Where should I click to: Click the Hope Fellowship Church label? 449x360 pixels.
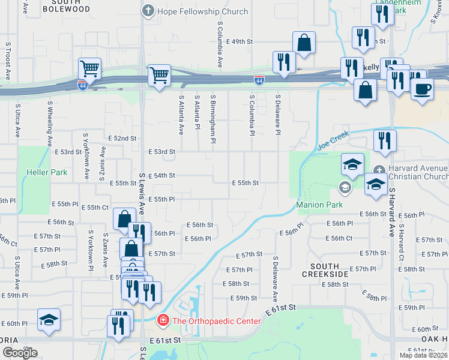pyautogui.click(x=202, y=11)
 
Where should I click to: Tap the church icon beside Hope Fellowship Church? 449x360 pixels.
pyautogui.click(x=148, y=11)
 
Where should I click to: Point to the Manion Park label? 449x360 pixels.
pyautogui.click(x=319, y=205)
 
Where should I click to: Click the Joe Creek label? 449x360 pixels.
pyautogui.click(x=333, y=142)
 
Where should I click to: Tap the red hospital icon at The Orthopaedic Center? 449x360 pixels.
pyautogui.click(x=162, y=321)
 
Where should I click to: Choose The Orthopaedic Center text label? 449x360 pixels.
pyautogui.click(x=216, y=321)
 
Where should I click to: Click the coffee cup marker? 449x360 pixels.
pyautogui.click(x=422, y=88)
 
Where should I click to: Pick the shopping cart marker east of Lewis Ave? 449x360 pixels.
pyautogui.click(x=159, y=75)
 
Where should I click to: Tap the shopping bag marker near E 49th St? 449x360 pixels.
pyautogui.click(x=304, y=42)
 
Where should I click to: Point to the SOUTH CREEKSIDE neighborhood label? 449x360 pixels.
pyautogui.click(x=329, y=269)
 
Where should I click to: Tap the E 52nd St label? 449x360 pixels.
pyautogui.click(x=122, y=139)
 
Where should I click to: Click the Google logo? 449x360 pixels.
pyautogui.click(x=20, y=353)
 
